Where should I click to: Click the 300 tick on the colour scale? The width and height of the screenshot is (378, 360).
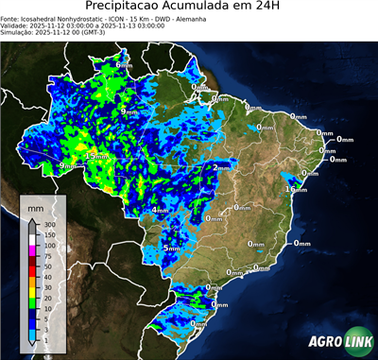point(48,223)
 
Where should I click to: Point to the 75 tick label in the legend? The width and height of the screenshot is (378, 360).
point(46,255)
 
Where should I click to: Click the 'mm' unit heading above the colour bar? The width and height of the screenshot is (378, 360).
point(35,205)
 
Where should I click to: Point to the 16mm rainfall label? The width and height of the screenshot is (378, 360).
point(297,189)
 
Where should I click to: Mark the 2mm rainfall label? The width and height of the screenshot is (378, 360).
point(219,167)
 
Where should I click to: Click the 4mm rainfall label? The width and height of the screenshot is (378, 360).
point(159,210)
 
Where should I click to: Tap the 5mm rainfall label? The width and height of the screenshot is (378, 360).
point(171,248)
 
